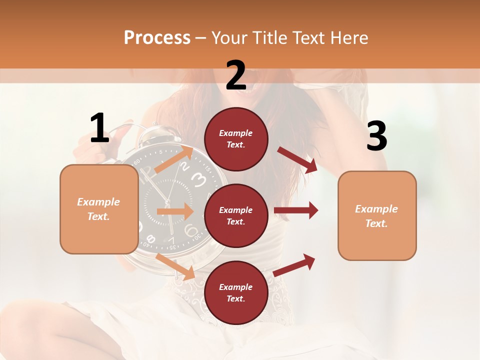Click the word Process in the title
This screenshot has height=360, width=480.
157,38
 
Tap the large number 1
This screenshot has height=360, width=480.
99,128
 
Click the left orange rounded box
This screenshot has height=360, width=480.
99,209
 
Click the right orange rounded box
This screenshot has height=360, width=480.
377,215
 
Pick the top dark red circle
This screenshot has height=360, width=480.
236,139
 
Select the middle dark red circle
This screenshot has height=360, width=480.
236,215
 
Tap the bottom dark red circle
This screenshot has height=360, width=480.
236,292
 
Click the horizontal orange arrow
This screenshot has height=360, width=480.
175,211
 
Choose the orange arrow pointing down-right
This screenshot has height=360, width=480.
175,266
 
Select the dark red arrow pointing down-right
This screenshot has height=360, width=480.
297,160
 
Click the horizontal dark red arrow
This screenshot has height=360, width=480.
296,210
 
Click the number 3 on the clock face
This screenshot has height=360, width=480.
198,178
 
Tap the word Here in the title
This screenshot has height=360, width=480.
349,38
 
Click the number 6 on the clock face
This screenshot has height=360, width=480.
190,230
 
